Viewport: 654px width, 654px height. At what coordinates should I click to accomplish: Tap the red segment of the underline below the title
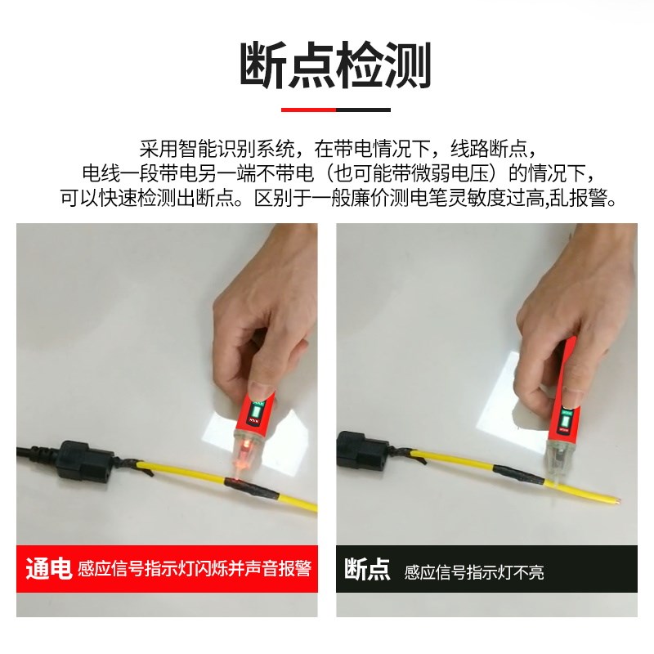(x=307, y=109)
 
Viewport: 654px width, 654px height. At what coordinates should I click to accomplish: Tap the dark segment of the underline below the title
(x=363, y=109)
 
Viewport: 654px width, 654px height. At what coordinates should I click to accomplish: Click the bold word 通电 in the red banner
(x=47, y=568)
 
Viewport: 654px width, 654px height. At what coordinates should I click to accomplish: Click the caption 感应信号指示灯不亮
(x=474, y=571)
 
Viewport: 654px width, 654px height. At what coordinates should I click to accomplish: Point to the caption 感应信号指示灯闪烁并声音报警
(x=195, y=569)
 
